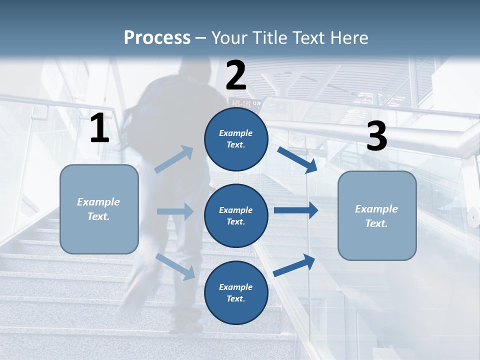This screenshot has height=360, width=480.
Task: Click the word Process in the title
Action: pos(157,38)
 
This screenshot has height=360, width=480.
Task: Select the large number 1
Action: pos(99,128)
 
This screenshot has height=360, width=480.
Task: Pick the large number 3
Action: pos(376,136)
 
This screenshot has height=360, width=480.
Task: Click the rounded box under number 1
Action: pos(99,209)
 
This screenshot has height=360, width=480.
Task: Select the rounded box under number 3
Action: pos(377,215)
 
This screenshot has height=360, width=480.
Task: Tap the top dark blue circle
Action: pos(236,139)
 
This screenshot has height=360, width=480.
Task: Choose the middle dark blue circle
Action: pos(236,215)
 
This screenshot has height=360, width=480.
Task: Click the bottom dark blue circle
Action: pos(236,292)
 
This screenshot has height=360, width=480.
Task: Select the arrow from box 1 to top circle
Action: pos(174,159)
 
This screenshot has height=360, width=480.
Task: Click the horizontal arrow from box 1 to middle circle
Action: pos(175,211)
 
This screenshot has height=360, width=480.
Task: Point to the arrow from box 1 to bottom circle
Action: pos(175,266)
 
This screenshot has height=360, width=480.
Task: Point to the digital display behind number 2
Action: pos(245,103)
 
